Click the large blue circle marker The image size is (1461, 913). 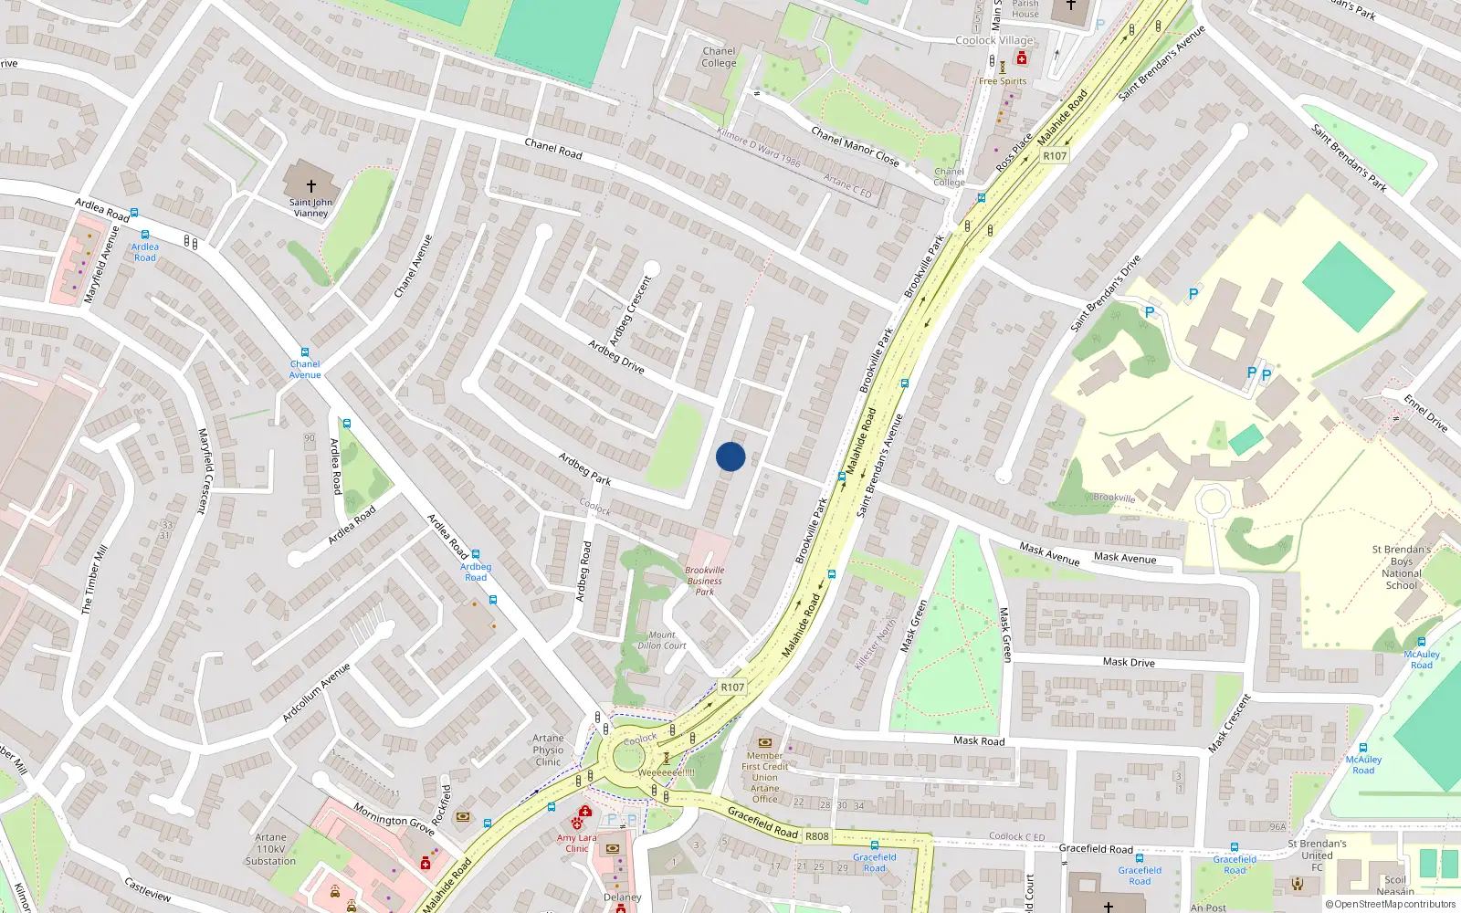point(730,456)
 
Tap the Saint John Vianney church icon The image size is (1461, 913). point(310,185)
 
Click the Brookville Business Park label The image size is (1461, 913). point(704,581)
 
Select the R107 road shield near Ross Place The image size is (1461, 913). point(1055,156)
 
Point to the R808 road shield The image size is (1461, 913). point(816,835)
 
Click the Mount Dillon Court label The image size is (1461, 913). point(662,640)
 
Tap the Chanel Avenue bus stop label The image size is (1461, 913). point(305,369)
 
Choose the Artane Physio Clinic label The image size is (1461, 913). point(548,750)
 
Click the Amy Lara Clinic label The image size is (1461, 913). point(576,843)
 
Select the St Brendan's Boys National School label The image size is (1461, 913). point(1401,567)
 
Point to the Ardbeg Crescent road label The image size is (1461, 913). point(631,310)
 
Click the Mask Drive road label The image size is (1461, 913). point(1129,662)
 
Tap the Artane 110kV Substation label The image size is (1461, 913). point(270,849)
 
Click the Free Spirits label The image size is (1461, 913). point(1003,81)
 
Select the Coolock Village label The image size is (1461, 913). point(994,40)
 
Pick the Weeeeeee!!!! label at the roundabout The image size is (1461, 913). point(666,772)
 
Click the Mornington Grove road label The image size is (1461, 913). point(394,819)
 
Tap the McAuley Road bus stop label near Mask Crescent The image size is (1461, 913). point(1362,764)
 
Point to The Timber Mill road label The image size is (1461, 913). point(94,580)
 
